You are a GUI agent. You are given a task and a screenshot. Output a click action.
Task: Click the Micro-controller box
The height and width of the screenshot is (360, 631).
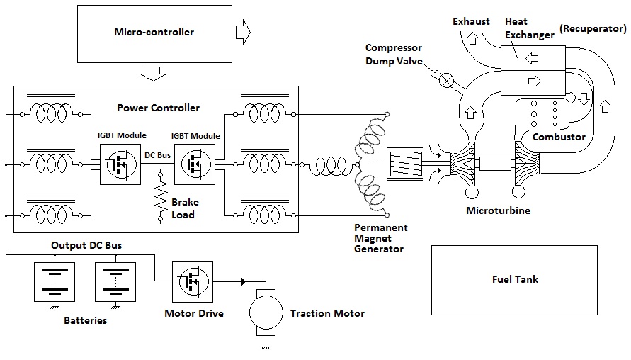pyautogui.click(x=154, y=33)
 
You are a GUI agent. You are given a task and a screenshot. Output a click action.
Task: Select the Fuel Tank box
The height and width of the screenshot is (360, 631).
pyautogui.click(x=515, y=279)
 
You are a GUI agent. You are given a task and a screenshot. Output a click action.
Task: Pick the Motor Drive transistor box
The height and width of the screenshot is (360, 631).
pyautogui.click(x=193, y=281)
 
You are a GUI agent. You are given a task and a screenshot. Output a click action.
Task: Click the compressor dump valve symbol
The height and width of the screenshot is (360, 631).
pyautogui.click(x=447, y=80)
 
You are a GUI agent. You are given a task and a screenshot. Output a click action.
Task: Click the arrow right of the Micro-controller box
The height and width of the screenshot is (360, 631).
pyautogui.click(x=242, y=31)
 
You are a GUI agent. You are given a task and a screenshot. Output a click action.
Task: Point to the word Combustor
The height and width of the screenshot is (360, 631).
pyautogui.click(x=559, y=137)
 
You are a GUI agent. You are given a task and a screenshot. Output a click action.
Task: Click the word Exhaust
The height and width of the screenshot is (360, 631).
pyautogui.click(x=471, y=21)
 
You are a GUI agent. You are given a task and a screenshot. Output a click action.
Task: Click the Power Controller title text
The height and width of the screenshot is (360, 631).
pyautogui.click(x=159, y=108)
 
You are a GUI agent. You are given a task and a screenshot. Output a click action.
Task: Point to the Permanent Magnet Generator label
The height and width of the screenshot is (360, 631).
pyautogui.click(x=381, y=238)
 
